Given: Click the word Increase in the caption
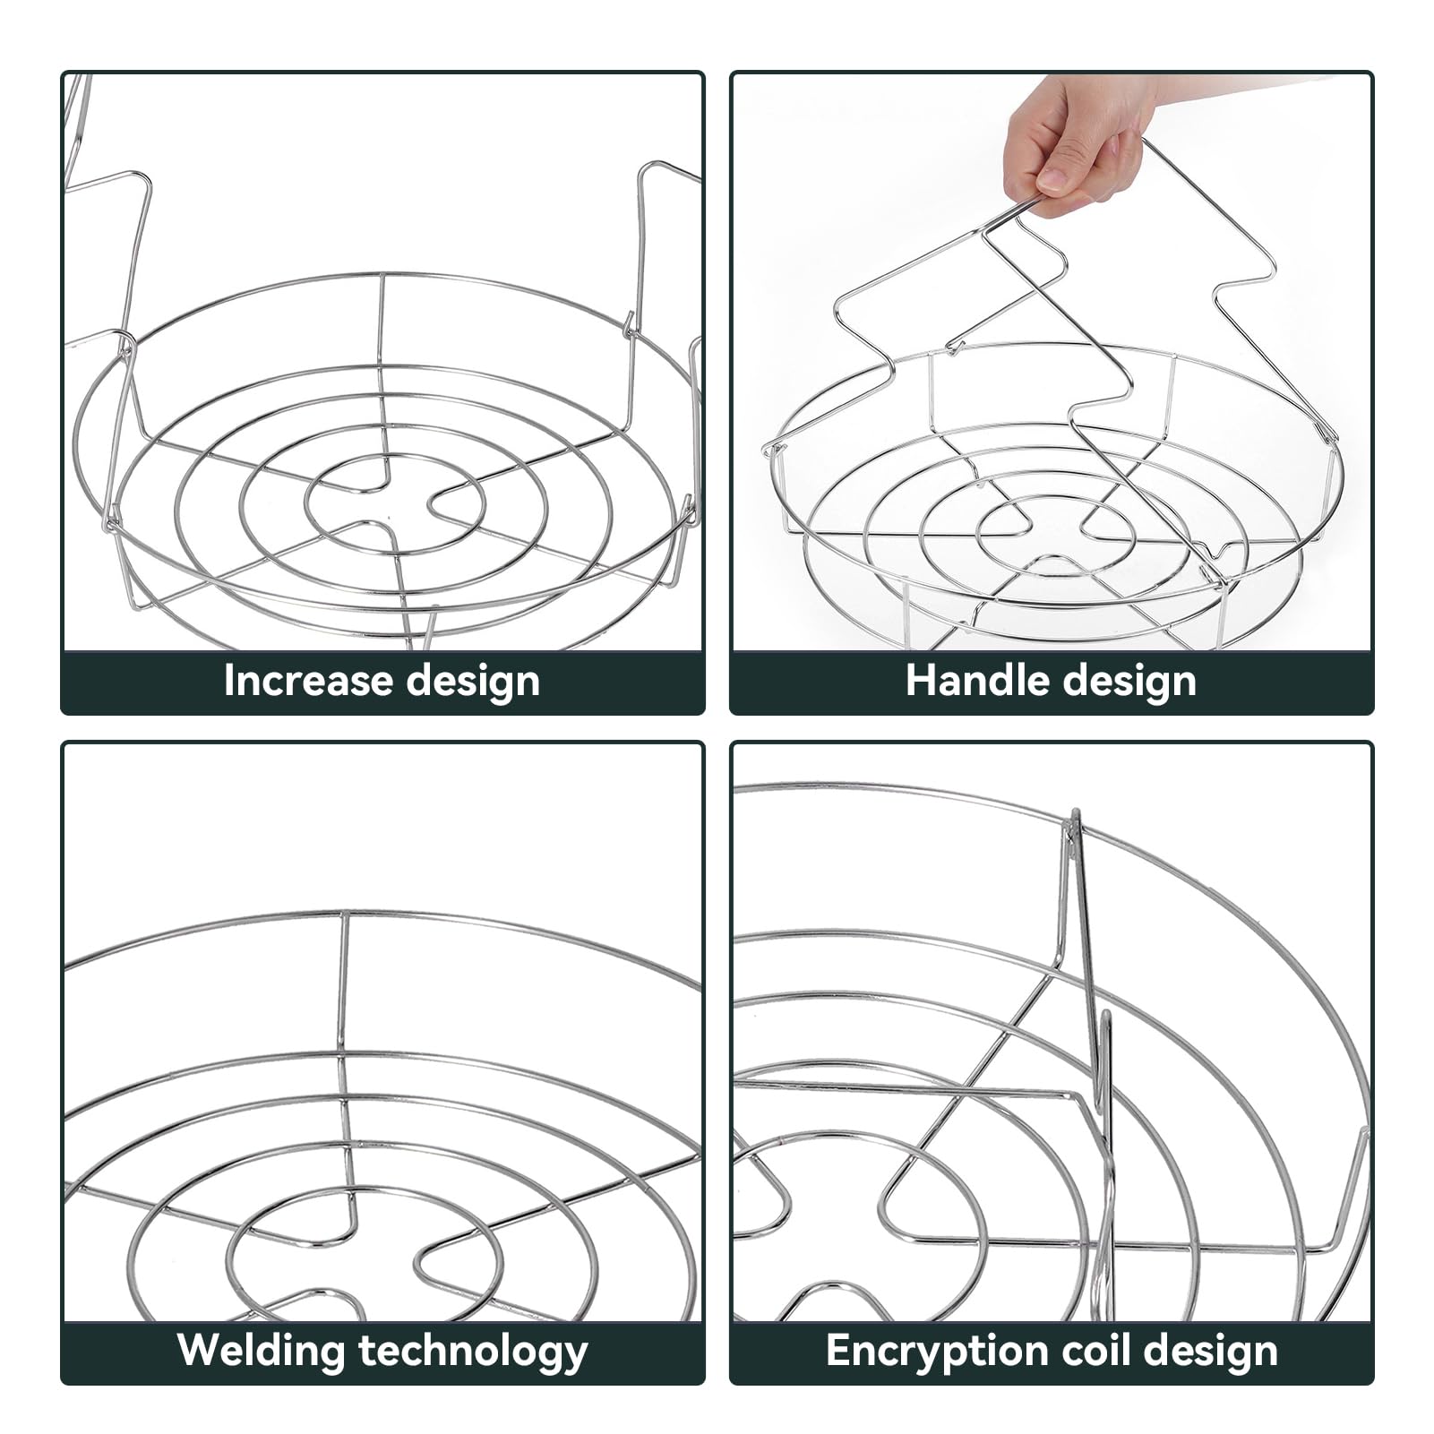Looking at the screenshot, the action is [x=306, y=681].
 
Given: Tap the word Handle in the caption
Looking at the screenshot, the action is [x=976, y=681].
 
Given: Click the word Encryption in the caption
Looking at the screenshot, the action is [x=927, y=1351].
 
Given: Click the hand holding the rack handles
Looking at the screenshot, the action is [x=1079, y=143].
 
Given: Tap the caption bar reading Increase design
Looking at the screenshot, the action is [x=382, y=683].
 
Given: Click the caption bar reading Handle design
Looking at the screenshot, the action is [x=1052, y=683].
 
